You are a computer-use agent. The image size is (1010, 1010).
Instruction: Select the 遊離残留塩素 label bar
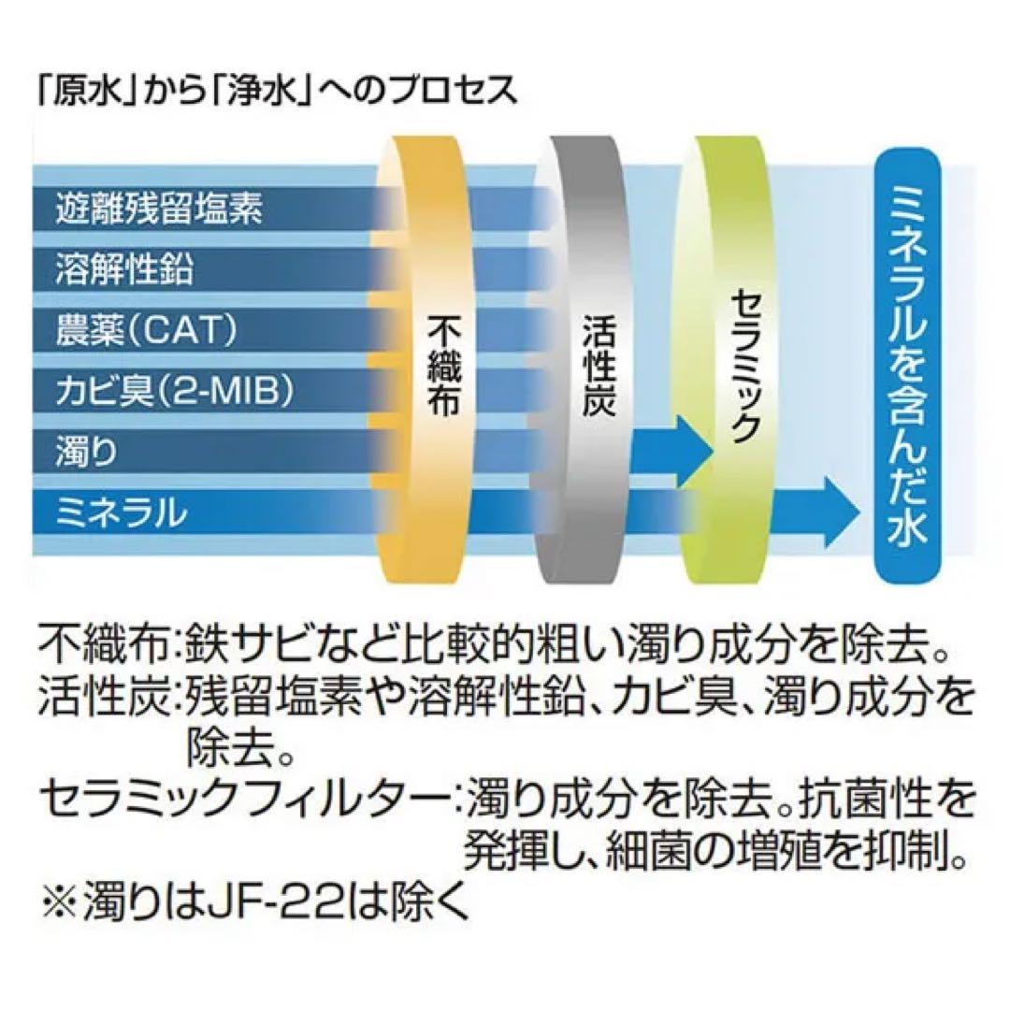click(159, 208)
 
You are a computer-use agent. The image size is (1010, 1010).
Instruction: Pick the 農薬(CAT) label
click(145, 330)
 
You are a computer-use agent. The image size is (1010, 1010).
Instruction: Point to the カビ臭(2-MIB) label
click(174, 390)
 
